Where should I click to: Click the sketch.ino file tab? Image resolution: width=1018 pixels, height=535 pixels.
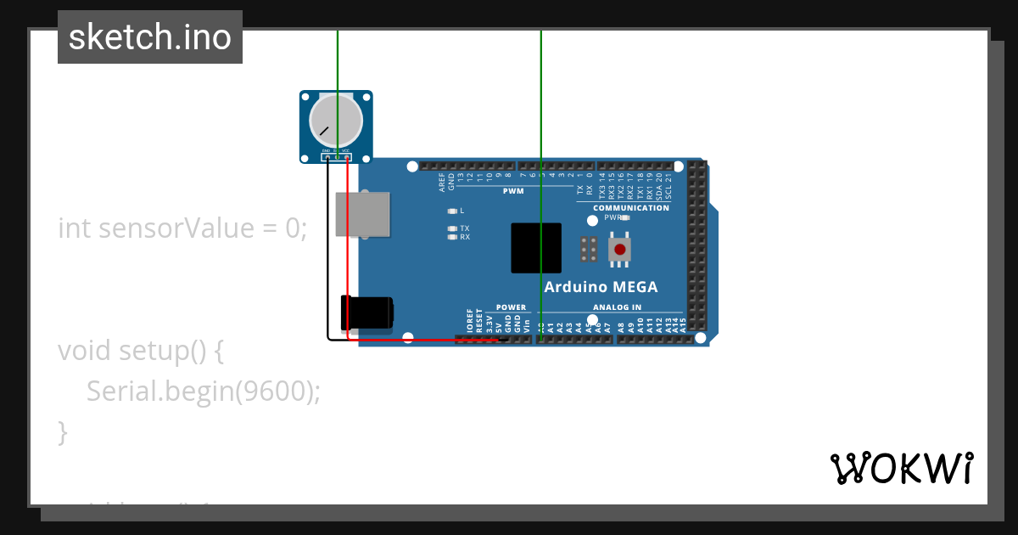point(150,37)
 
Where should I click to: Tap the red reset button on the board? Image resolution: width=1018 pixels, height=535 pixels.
point(620,249)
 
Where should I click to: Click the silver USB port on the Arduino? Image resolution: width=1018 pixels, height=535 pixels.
point(362,214)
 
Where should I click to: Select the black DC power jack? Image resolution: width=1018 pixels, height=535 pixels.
point(366,313)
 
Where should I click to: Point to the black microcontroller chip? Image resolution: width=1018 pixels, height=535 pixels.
point(536,248)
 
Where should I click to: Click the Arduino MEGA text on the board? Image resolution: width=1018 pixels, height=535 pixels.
point(601,287)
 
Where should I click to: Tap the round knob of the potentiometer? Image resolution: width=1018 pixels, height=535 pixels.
point(336,121)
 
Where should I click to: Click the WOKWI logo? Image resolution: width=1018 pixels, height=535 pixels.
point(901,468)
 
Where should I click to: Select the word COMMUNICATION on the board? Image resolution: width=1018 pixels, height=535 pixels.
point(630,208)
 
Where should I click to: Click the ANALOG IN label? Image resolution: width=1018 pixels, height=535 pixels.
point(617,307)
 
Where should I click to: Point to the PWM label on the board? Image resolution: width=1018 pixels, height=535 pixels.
point(513,192)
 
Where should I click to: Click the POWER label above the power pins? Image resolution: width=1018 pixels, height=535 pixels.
point(511,307)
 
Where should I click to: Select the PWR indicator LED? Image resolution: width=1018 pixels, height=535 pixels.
point(625,217)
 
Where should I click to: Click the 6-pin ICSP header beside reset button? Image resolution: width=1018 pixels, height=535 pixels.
point(588,249)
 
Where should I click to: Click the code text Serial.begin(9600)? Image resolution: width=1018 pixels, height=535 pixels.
point(204,391)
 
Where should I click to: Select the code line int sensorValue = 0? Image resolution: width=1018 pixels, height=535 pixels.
point(182,228)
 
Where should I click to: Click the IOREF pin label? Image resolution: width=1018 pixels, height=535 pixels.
point(470,320)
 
